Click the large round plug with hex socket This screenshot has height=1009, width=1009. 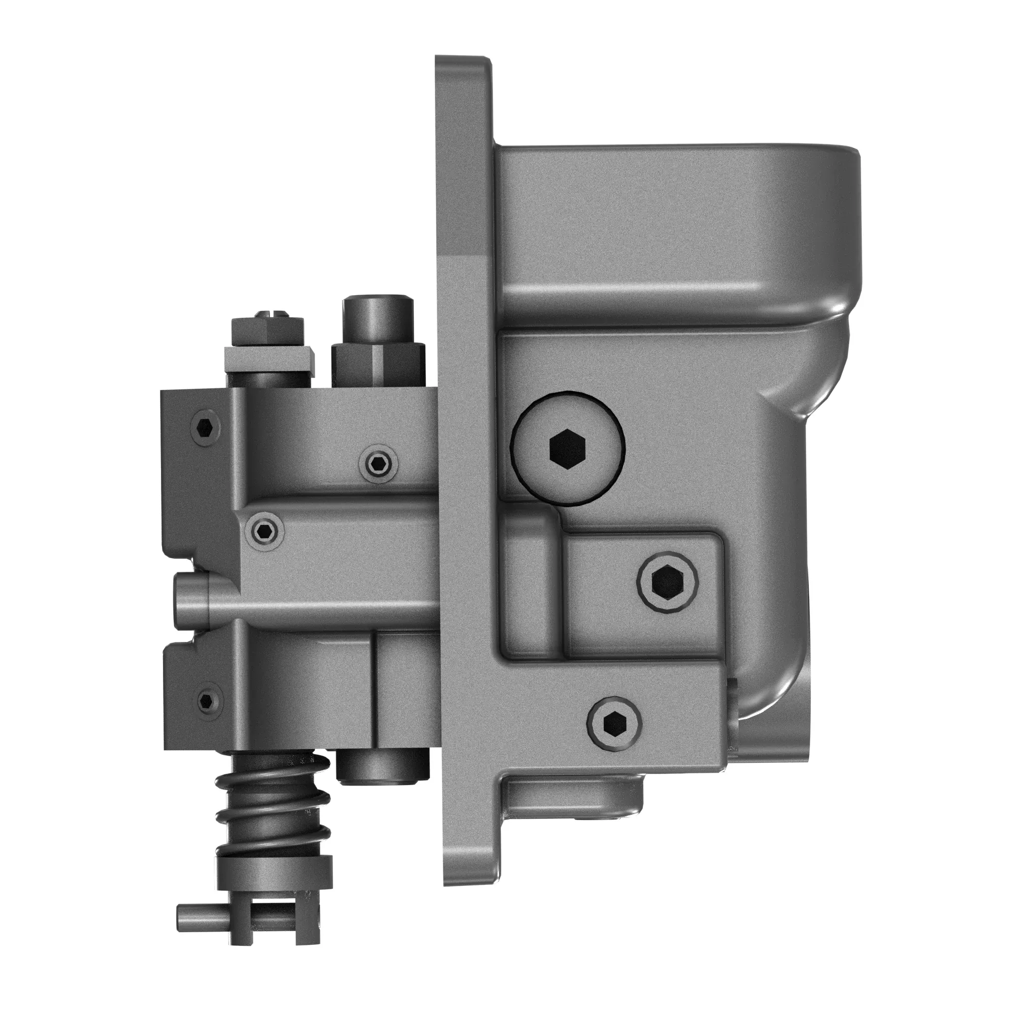pos(568,449)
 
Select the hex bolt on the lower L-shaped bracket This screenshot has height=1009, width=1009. pos(614,723)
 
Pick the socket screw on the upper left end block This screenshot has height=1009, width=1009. pos(205,428)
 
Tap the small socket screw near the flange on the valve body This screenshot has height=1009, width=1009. pos(377,462)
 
